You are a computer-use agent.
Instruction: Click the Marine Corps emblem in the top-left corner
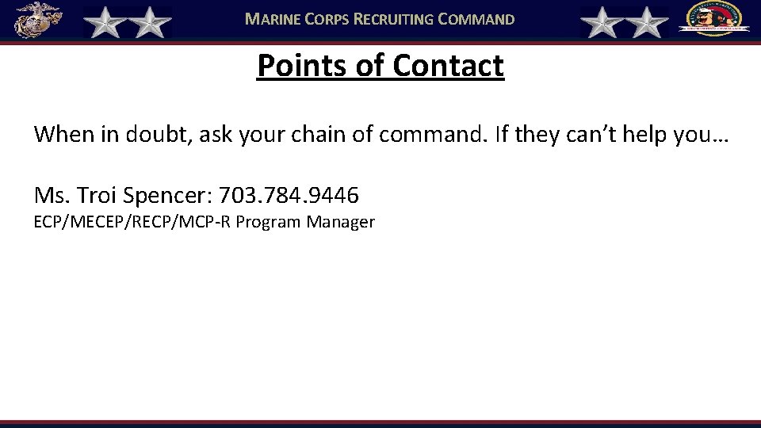tap(37, 20)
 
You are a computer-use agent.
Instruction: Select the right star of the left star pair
tap(149, 22)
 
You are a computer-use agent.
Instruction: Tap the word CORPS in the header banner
tap(330, 19)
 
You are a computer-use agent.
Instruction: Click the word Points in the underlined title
tap(301, 66)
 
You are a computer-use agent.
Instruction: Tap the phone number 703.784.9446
tap(289, 194)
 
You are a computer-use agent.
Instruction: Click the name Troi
tap(98, 194)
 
